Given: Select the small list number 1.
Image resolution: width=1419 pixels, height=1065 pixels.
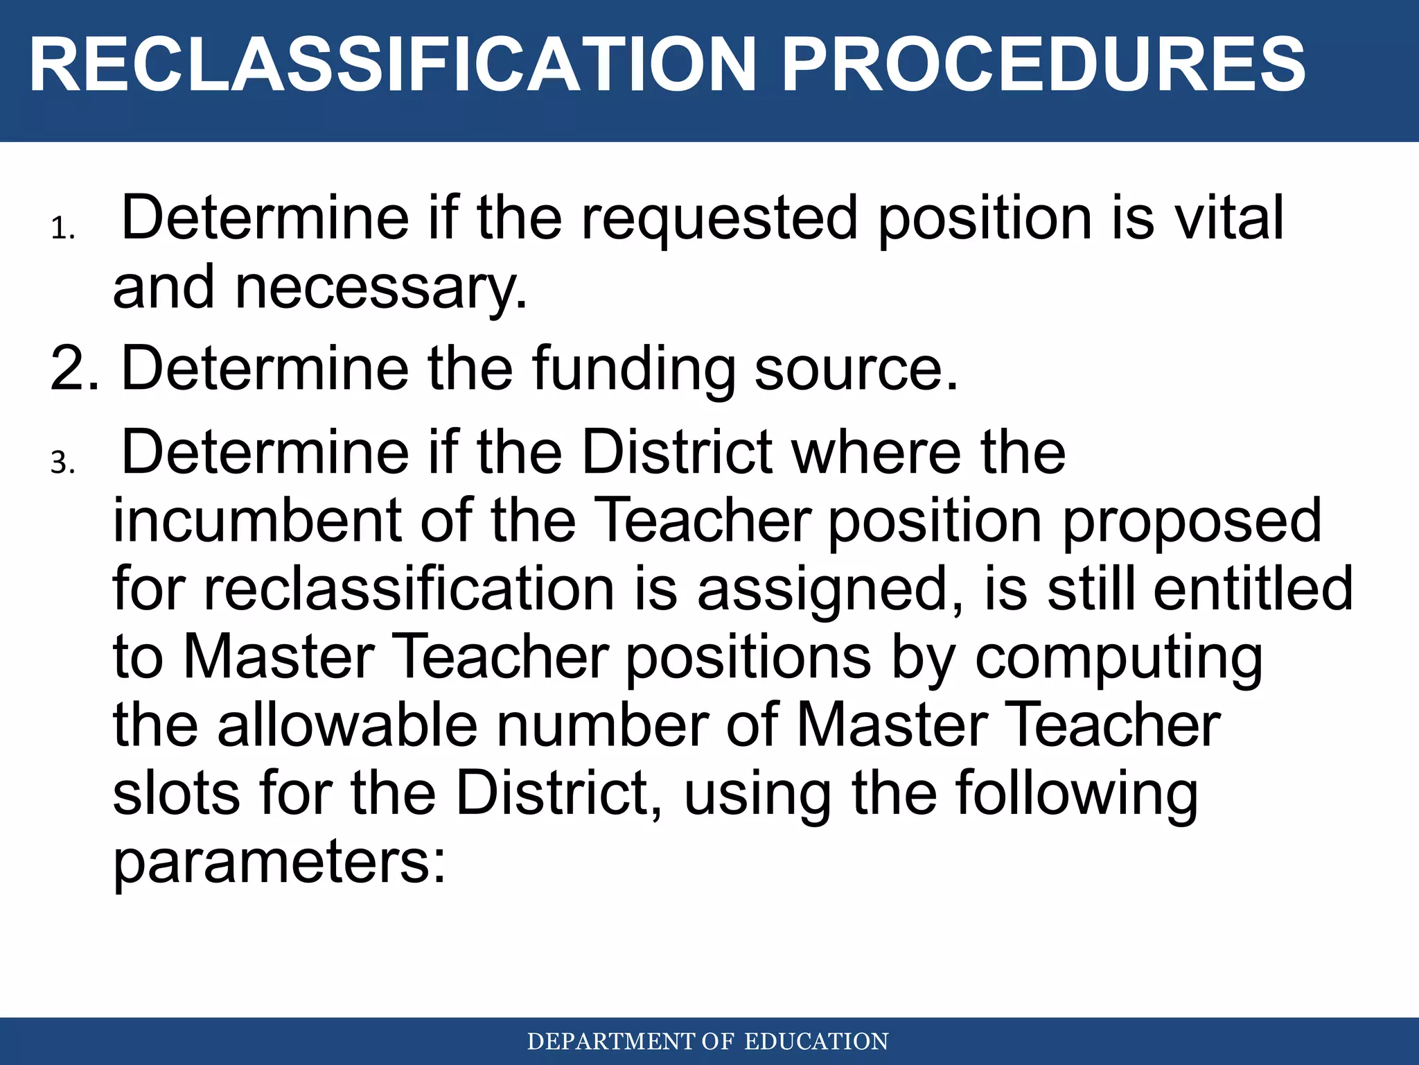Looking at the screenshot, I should pos(62,229).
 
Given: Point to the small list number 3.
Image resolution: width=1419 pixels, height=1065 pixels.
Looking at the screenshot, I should pos(62,462).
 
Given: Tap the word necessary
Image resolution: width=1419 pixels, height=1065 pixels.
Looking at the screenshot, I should pos(380,288).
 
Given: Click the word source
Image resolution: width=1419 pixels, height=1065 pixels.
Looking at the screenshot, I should pos(855,370).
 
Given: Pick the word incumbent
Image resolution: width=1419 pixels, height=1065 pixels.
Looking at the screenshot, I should pos(256,521).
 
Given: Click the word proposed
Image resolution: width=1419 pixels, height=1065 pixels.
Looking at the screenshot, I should pos(1192,522).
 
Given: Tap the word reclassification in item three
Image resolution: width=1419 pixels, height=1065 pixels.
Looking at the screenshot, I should pos(409,589).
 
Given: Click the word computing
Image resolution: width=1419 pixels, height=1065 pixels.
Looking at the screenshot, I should pos(1119,658).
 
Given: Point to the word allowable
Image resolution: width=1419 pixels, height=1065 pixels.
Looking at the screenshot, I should pos(347,725).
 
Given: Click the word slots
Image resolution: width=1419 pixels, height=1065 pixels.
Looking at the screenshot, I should pos(176,793).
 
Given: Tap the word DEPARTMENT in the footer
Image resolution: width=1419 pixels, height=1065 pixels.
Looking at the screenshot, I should pos(610,1042).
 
